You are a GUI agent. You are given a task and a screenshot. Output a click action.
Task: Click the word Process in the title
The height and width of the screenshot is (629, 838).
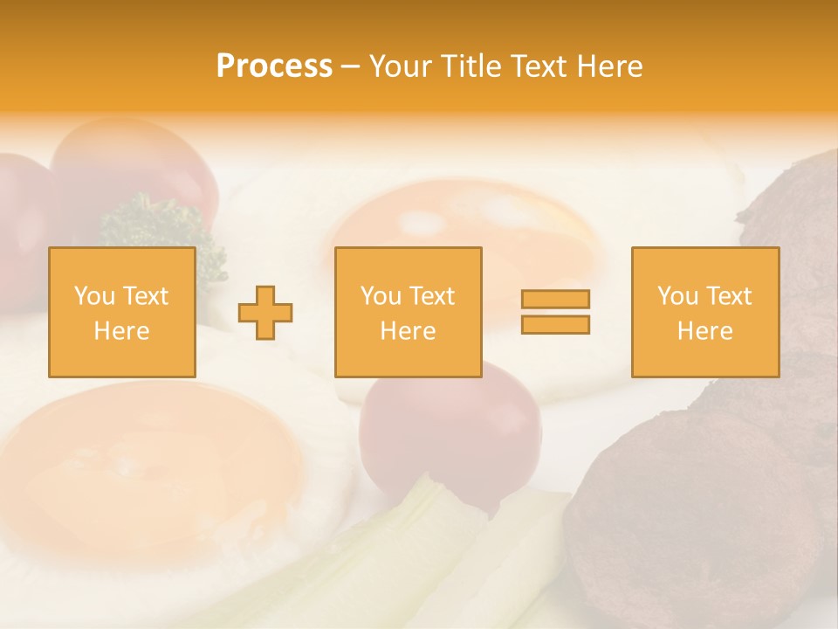[x=274, y=66]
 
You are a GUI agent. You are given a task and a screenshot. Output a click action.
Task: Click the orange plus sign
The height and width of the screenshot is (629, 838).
[x=265, y=312]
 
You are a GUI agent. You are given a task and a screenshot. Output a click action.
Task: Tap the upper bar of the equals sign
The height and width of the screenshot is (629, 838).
[x=555, y=299]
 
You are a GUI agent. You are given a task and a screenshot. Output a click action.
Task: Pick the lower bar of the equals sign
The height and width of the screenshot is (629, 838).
[x=555, y=325]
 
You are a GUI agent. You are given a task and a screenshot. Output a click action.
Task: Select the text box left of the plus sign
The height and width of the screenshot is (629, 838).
[x=122, y=312]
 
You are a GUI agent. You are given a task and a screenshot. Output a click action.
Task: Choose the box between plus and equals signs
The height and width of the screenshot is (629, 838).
[x=408, y=312]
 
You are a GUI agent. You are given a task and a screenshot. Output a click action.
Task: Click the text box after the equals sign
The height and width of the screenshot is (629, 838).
[x=704, y=312]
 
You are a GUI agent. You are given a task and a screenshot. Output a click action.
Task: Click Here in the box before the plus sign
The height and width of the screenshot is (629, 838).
[x=122, y=331]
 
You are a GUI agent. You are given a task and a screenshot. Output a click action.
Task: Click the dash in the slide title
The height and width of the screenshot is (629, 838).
[x=350, y=66]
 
